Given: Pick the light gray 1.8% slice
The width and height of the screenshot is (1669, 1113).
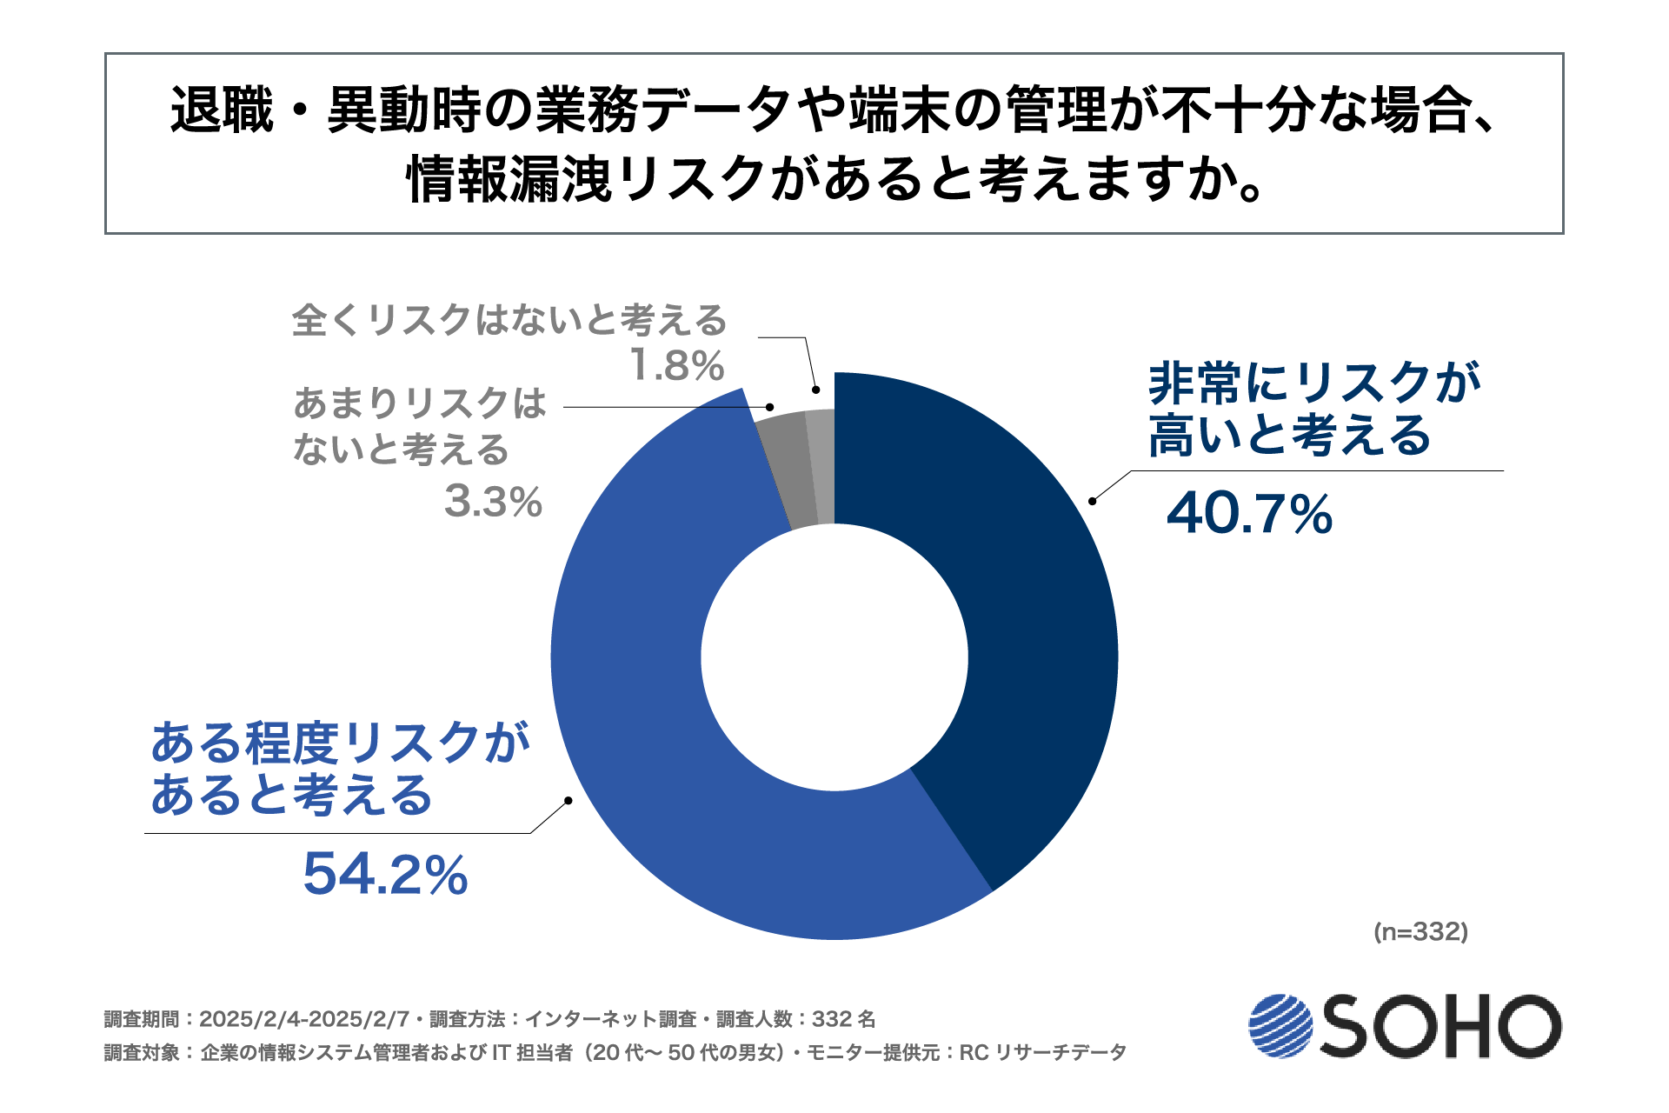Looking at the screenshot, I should click(x=821, y=466).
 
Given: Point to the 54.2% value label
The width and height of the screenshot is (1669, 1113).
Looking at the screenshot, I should click(x=385, y=874).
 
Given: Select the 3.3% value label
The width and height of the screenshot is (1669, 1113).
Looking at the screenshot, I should click(x=493, y=502).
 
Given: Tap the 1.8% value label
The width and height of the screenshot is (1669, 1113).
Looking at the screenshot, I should click(x=676, y=365).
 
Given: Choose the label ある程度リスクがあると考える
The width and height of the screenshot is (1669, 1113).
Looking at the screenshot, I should click(x=339, y=769).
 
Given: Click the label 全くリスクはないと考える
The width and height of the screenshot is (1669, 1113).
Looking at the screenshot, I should click(x=509, y=320).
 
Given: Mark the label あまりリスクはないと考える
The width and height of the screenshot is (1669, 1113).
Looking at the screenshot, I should click(x=419, y=426).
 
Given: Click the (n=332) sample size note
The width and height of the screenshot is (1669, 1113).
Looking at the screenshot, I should click(x=1420, y=932).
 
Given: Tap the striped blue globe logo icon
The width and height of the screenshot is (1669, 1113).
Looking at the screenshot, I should click(x=1280, y=1026).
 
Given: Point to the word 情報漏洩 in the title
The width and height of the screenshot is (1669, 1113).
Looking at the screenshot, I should click(x=509, y=180).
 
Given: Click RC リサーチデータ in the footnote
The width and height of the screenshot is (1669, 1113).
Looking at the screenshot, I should click(x=1042, y=1053).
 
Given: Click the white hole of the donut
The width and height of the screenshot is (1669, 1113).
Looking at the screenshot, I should click(x=834, y=656).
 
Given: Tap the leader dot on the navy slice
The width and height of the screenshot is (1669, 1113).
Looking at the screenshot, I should click(x=1092, y=500).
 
